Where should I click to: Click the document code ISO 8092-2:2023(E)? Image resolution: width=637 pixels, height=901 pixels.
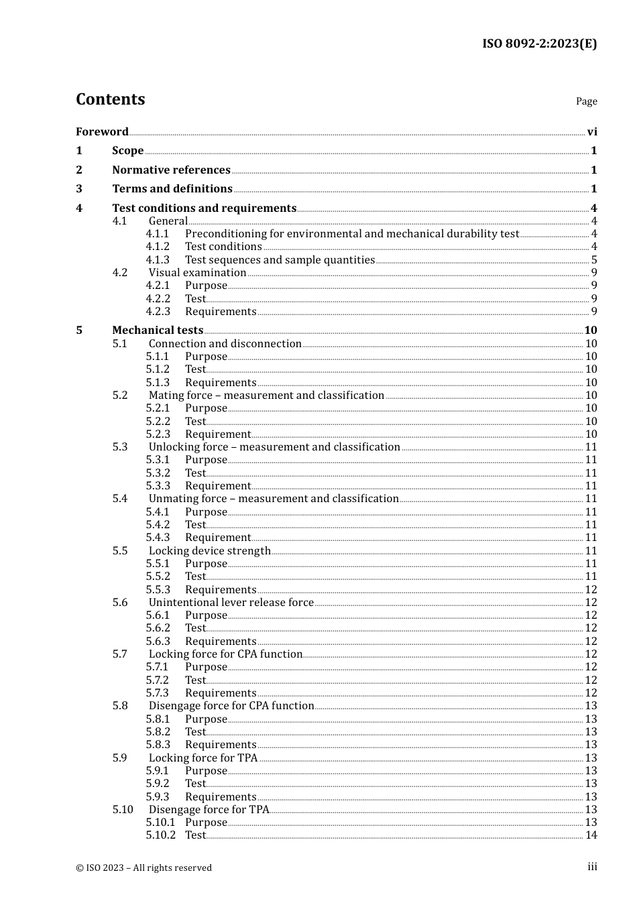coord(539,44)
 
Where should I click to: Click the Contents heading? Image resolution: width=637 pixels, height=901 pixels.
coord(110,99)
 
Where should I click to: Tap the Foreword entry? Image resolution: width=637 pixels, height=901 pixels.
coord(102,132)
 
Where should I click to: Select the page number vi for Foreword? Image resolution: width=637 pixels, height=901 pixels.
coord(591,132)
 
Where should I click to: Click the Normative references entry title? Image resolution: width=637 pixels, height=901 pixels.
coord(171,170)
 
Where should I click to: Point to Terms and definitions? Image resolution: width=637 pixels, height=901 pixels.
coord(172,189)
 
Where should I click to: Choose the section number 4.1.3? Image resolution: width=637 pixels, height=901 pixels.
coord(158,260)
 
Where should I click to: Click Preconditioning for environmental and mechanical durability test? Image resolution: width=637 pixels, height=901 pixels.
coord(352,234)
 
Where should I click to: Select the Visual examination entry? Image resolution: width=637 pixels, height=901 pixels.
coord(197,273)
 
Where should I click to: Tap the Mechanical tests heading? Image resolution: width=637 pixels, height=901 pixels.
coord(158,331)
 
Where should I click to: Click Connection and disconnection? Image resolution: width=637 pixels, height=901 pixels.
coord(225,344)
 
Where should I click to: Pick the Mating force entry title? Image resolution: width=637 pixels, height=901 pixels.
coord(266,396)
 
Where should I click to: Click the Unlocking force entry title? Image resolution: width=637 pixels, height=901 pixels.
coord(274,447)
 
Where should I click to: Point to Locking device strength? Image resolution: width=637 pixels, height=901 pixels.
coord(209,551)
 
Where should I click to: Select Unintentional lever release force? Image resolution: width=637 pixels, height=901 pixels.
coord(231,603)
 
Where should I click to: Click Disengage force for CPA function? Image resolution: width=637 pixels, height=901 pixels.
coord(231,706)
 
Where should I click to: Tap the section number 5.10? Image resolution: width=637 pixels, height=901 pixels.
coord(123,810)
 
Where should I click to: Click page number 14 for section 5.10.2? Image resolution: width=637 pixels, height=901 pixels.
coord(591,835)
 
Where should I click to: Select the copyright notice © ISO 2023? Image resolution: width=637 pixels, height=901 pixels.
coord(143,868)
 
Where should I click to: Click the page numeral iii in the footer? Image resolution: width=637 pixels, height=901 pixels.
coord(592,867)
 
